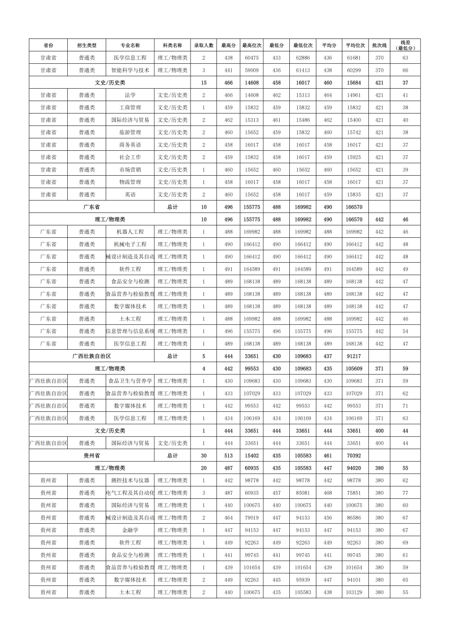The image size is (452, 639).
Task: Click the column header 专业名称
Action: tap(130, 45)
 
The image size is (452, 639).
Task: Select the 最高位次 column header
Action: tap(251, 45)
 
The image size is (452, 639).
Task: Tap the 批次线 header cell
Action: tap(379, 45)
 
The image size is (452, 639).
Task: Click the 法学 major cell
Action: tap(130, 95)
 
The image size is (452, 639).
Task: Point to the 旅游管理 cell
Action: tap(130, 132)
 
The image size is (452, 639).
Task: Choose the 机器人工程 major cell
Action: tap(130, 232)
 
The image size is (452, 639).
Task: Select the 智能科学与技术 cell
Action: tap(130, 70)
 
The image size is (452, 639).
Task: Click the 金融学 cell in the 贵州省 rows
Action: tap(130, 530)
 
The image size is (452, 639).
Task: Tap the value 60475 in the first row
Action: tap(251, 58)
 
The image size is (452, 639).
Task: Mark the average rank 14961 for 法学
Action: tap(354, 95)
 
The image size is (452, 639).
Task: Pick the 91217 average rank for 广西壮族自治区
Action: tap(354, 356)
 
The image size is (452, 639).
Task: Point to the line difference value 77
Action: tap(405, 493)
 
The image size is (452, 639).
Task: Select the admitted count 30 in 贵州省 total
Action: tap(204, 455)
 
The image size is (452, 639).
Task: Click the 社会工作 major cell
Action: tap(130, 157)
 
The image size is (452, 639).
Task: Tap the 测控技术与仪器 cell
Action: tap(130, 480)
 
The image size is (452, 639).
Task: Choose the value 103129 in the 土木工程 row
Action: tap(354, 592)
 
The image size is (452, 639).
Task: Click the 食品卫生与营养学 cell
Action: tap(130, 381)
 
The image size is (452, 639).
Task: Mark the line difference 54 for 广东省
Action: tap(405, 331)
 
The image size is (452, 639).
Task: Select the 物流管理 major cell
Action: tap(130, 182)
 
